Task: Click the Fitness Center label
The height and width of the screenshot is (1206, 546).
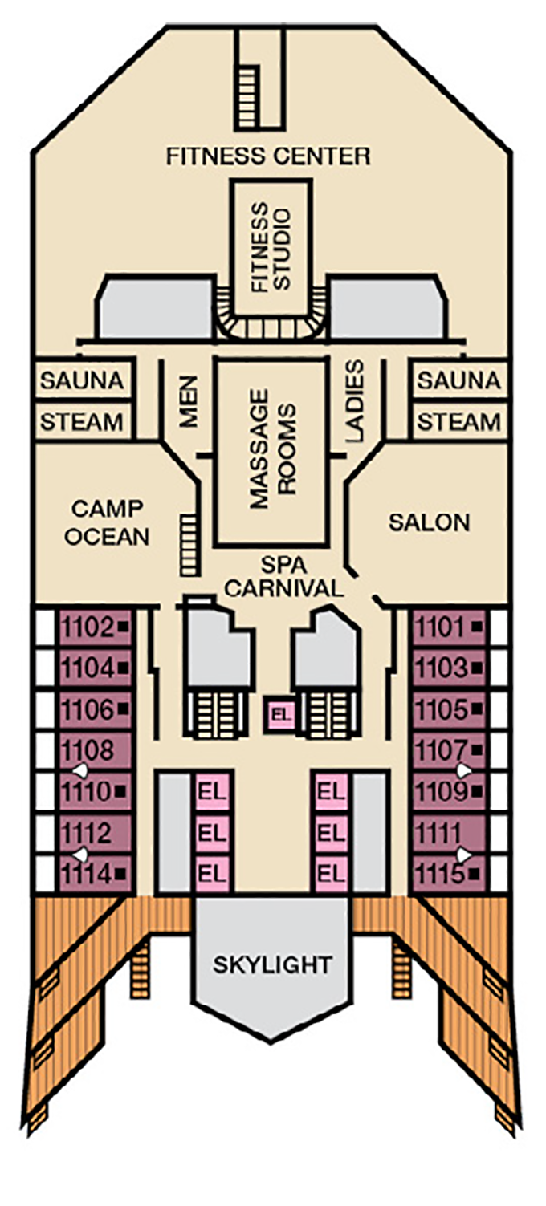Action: tap(268, 156)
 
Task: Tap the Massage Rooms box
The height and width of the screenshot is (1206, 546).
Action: tap(271, 450)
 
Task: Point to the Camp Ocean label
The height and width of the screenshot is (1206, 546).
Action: tap(107, 522)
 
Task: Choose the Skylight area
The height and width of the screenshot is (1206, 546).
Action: tap(272, 964)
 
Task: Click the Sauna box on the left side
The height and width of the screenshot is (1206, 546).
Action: tap(82, 380)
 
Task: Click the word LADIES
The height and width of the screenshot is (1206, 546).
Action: tap(354, 400)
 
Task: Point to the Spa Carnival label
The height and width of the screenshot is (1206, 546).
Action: tap(283, 576)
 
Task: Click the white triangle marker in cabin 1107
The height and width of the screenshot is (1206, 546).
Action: tap(463, 769)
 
